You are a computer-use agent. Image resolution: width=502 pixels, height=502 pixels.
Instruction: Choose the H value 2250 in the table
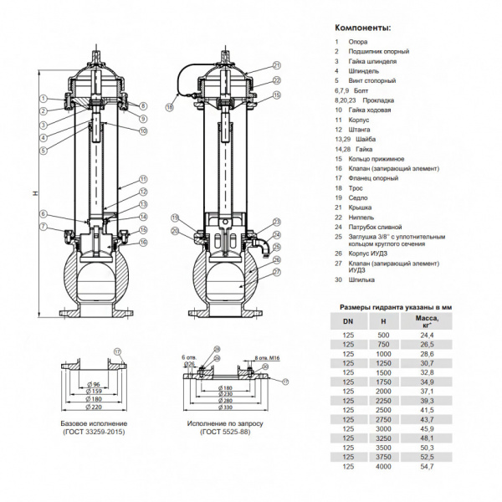(383, 400)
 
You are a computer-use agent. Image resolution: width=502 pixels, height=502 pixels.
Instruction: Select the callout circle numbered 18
(170, 107)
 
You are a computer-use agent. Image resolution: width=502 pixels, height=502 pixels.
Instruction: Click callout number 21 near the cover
(277, 64)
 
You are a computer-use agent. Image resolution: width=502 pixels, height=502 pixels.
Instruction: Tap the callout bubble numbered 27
(277, 273)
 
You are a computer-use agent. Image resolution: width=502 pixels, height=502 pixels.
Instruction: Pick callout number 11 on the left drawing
(143, 179)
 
